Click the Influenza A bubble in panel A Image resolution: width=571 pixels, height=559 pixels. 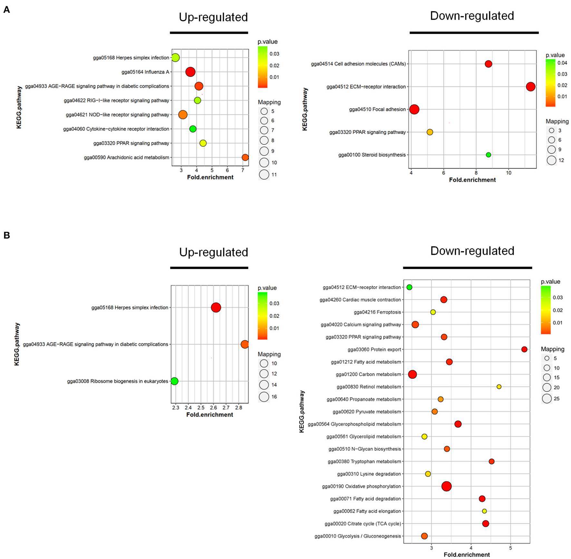[x=190, y=72]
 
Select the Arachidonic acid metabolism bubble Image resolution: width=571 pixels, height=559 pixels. [x=245, y=157]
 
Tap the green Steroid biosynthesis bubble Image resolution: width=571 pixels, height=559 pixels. [x=488, y=155]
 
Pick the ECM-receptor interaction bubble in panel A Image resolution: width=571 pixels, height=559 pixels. [x=530, y=87]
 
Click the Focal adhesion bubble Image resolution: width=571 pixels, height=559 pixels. [x=414, y=110]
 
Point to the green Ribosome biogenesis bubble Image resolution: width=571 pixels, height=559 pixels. [x=174, y=381]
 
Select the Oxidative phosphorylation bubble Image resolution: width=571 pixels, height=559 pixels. [x=446, y=486]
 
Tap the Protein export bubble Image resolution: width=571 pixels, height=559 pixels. [x=524, y=349]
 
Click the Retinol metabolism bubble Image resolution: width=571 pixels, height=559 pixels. [x=499, y=387]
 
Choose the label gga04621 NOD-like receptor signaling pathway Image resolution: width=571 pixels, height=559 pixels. [x=117, y=115]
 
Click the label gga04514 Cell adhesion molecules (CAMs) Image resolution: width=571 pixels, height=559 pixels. [x=358, y=64]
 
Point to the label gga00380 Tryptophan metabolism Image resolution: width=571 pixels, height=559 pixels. [x=364, y=461]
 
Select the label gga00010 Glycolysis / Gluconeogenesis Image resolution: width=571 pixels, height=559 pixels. [x=358, y=536]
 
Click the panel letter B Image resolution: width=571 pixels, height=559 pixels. [x=7, y=235]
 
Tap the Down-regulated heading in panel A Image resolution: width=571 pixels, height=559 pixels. [x=472, y=16]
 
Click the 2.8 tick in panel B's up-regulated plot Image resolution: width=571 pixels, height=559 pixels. [x=238, y=408]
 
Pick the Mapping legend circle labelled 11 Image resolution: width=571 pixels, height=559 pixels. [x=264, y=175]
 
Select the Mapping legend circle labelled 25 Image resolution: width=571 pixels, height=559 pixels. [x=547, y=399]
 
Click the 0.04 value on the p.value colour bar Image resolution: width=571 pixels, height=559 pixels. [x=562, y=63]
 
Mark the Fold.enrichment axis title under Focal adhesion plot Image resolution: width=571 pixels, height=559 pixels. [x=472, y=180]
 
